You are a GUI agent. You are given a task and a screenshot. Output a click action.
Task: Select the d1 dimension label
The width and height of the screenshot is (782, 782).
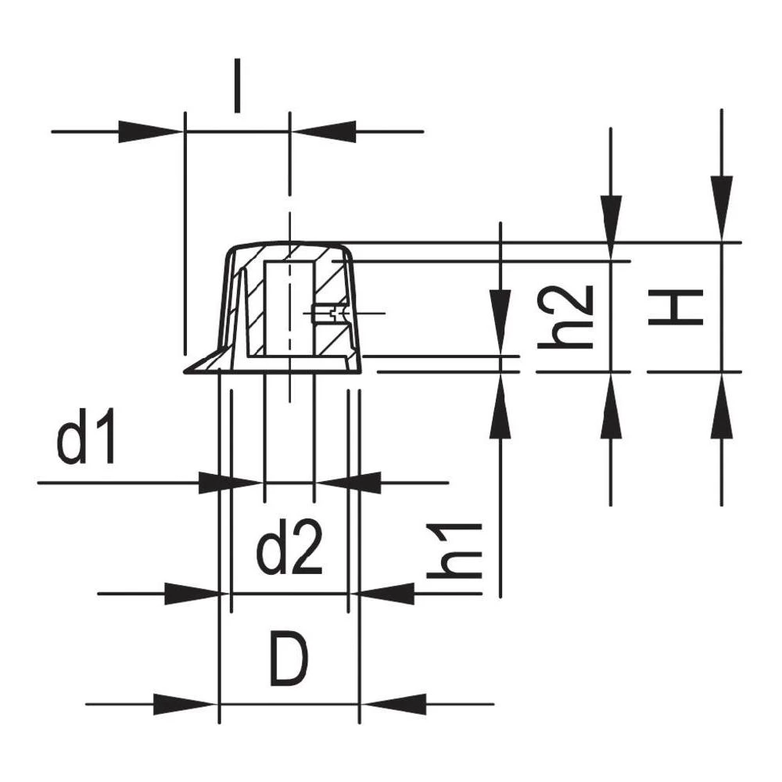click(87, 441)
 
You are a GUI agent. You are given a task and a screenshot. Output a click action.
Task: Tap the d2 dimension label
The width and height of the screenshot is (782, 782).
click(290, 552)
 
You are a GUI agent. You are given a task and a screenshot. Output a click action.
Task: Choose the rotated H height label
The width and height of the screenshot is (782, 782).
click(675, 307)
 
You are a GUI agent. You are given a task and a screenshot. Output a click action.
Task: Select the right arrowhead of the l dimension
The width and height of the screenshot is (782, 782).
click(325, 131)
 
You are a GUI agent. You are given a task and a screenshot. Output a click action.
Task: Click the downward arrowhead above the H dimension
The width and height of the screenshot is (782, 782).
click(721, 207)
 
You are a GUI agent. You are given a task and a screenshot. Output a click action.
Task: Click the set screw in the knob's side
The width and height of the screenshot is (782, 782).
click(325, 314)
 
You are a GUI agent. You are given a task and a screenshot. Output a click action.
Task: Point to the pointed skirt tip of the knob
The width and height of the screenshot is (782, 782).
click(188, 371)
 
